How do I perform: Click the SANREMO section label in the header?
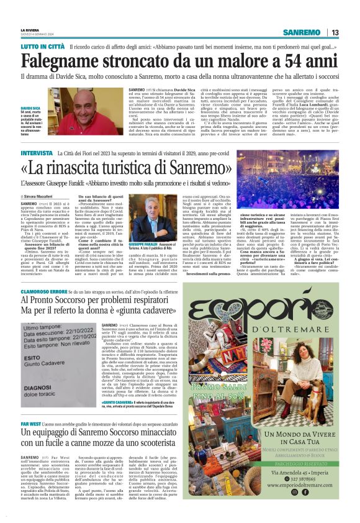[x=301, y=32]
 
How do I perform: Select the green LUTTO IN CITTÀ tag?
[x=42, y=47]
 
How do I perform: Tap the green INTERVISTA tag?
[x=37, y=153]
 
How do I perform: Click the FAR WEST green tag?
[x=31, y=428]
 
